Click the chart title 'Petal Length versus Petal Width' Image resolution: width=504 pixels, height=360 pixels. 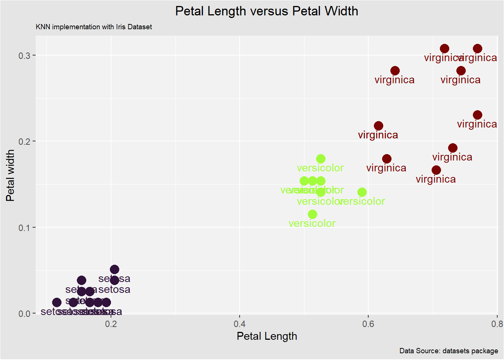[267, 11]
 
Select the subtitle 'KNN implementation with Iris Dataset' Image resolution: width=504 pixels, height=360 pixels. [94, 27]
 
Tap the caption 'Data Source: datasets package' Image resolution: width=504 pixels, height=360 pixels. [448, 351]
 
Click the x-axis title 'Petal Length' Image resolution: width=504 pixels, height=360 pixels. [267, 336]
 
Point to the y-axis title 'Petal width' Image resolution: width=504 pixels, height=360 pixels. [10, 175]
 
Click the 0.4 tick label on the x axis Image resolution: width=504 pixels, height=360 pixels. [240, 324]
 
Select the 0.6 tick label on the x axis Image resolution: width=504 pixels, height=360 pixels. [368, 324]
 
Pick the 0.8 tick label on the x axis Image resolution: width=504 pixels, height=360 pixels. [496, 324]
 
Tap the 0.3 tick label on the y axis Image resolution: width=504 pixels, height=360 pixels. [24, 55]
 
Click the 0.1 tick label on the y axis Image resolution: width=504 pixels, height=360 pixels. [24, 228]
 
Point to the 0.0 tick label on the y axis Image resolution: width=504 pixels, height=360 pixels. [24, 314]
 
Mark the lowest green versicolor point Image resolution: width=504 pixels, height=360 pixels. [312, 214]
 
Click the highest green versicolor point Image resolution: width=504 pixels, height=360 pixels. [321, 159]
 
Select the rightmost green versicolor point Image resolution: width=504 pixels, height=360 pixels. [362, 192]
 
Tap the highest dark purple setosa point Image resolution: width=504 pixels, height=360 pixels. [114, 270]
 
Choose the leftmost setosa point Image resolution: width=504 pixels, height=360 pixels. [57, 303]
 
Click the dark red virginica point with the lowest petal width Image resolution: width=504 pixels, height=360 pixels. [436, 170]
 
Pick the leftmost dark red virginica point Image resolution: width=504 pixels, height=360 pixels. [378, 126]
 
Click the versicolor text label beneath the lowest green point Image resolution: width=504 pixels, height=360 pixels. [312, 223]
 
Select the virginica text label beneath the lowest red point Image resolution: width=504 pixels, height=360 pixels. [436, 179]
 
